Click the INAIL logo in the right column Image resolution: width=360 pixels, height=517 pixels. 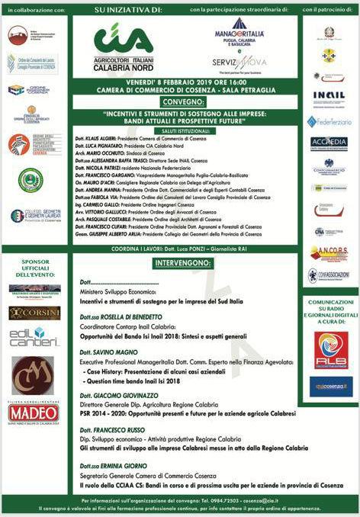coord(329,96)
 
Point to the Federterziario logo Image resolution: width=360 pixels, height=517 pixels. coord(329,121)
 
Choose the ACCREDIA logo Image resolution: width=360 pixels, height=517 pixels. coord(329,143)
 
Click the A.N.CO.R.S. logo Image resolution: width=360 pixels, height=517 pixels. coord(329,253)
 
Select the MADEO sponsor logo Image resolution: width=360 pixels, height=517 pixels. coord(34,413)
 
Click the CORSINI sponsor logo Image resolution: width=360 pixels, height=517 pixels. coord(34,313)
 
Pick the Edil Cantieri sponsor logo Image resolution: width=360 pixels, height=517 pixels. coord(34,336)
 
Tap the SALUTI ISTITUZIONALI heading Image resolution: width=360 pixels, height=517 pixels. coord(182,131)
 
